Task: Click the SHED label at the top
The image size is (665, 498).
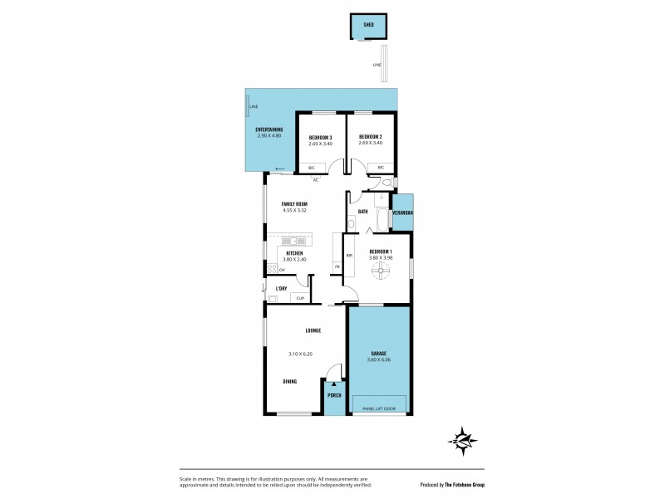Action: point(368,25)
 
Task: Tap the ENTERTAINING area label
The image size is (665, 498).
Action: point(268,129)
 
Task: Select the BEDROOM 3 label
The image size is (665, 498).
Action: point(320,137)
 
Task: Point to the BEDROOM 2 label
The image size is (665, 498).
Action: point(370,137)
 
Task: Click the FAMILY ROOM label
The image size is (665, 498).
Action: point(294,203)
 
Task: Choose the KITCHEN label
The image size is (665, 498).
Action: point(294,252)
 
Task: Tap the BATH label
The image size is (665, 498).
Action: point(363,212)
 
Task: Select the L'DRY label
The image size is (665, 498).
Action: point(281,288)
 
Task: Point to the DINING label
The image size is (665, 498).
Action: point(289,381)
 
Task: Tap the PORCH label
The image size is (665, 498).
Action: point(334,395)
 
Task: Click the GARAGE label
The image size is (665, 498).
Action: point(378,354)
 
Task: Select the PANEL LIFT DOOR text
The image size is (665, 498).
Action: point(380,409)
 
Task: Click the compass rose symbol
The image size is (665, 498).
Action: point(463,440)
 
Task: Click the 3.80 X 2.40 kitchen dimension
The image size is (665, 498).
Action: point(294,259)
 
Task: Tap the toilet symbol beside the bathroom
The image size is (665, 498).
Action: point(383,198)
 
